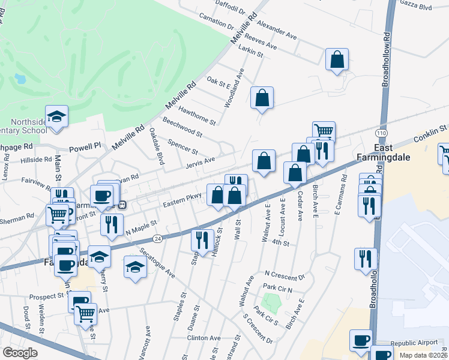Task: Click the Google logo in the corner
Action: coord(20,353)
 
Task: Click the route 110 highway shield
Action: coord(381,132)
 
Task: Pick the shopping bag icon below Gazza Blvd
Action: coord(337,59)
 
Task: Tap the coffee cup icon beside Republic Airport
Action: coord(361,340)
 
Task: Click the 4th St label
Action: coord(280,243)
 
